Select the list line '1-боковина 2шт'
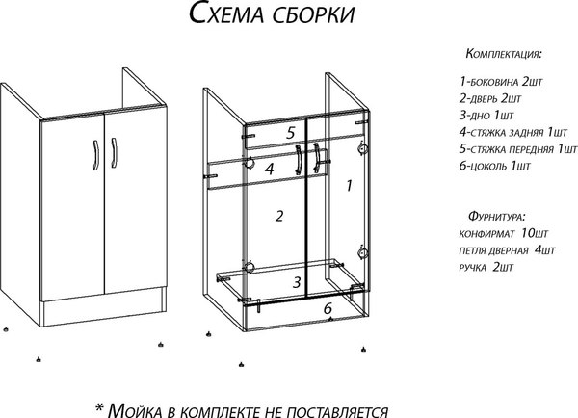pos(501,83)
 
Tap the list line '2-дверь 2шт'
pos(491,99)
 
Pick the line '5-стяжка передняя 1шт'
pos(517,149)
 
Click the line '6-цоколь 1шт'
pos(494,166)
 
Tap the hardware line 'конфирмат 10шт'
pos(504,234)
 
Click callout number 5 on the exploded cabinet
pos(289,132)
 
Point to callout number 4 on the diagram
pos(271,169)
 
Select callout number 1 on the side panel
pos(349,182)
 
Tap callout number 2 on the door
pos(279,216)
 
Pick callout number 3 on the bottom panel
pos(298,282)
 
